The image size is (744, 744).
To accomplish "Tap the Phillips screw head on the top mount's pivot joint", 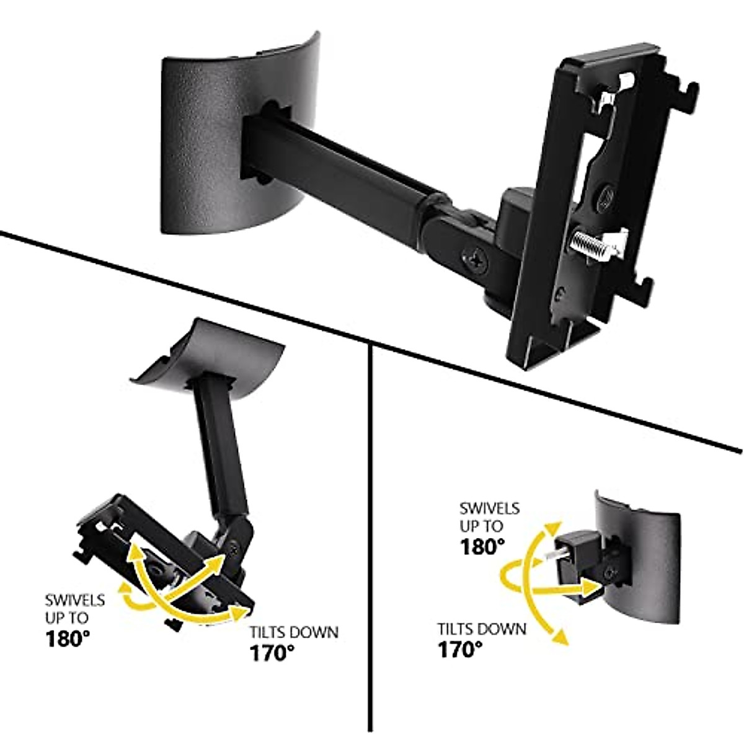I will click(x=474, y=259).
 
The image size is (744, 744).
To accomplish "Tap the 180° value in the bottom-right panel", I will click(x=482, y=547).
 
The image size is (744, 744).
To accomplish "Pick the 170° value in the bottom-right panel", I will click(x=461, y=649).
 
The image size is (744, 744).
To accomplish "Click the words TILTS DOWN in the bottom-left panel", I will click(x=294, y=633).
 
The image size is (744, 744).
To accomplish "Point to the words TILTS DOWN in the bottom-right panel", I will click(x=482, y=629).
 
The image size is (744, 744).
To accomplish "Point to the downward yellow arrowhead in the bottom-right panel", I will click(x=562, y=636).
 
